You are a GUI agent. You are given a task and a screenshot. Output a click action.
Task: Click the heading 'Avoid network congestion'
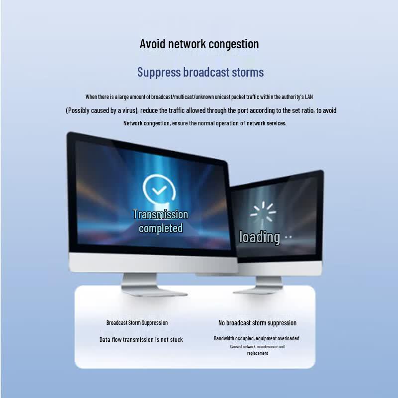[x=199, y=44]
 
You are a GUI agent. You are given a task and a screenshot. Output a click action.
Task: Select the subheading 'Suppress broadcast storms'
[x=200, y=72]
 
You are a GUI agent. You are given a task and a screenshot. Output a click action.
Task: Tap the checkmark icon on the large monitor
[x=159, y=190]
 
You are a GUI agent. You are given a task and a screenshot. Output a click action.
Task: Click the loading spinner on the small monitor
[x=263, y=211]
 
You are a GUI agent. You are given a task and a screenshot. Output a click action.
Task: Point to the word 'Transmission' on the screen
[x=160, y=214]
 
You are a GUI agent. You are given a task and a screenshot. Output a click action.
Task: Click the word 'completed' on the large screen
[x=161, y=228]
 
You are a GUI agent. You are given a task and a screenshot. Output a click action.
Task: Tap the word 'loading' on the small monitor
[x=260, y=237]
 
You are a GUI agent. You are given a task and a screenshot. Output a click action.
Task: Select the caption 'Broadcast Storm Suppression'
[x=137, y=323]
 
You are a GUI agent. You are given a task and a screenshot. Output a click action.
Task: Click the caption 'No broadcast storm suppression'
[x=257, y=323]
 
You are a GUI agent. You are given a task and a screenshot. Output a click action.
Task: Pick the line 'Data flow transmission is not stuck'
[x=141, y=340]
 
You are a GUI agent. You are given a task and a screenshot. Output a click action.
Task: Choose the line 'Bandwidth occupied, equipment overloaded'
[x=257, y=338]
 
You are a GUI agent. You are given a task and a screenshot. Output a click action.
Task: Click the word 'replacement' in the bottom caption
[x=257, y=353]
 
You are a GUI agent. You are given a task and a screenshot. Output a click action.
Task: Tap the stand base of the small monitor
[x=258, y=290]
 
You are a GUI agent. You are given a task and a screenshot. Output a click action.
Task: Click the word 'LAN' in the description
[x=309, y=97]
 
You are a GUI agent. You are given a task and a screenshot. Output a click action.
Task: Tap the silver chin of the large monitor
[x=153, y=263]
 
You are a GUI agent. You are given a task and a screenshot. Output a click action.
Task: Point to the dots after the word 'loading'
[x=289, y=237]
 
